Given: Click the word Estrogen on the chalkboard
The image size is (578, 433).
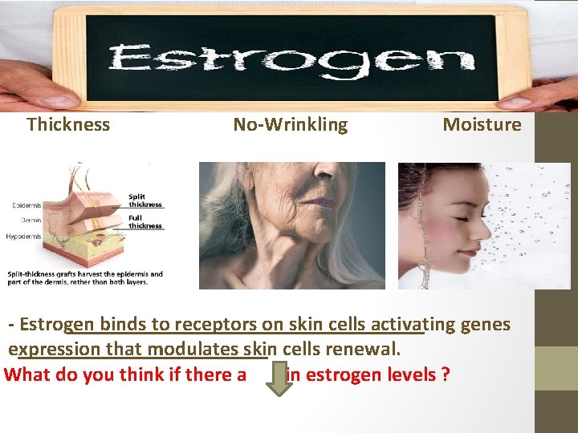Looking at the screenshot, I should click(x=292, y=60).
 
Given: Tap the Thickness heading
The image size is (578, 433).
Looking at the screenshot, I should click(x=68, y=124).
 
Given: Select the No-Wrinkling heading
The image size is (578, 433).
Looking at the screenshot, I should click(x=291, y=124).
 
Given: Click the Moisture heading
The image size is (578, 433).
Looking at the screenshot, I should click(x=482, y=124).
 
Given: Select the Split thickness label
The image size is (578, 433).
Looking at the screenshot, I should click(x=145, y=200).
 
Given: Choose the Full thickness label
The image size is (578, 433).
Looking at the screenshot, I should click(x=145, y=222).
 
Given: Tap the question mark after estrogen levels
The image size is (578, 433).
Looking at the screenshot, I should click(x=445, y=374).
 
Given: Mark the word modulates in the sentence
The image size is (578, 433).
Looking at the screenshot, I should click(x=193, y=350).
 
